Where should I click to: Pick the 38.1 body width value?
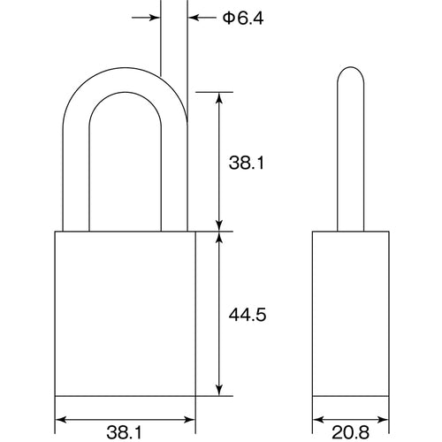[126, 432]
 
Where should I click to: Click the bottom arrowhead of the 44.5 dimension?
[219, 389]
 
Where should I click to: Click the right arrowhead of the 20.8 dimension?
[384, 419]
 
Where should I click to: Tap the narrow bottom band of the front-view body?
[126, 395]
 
